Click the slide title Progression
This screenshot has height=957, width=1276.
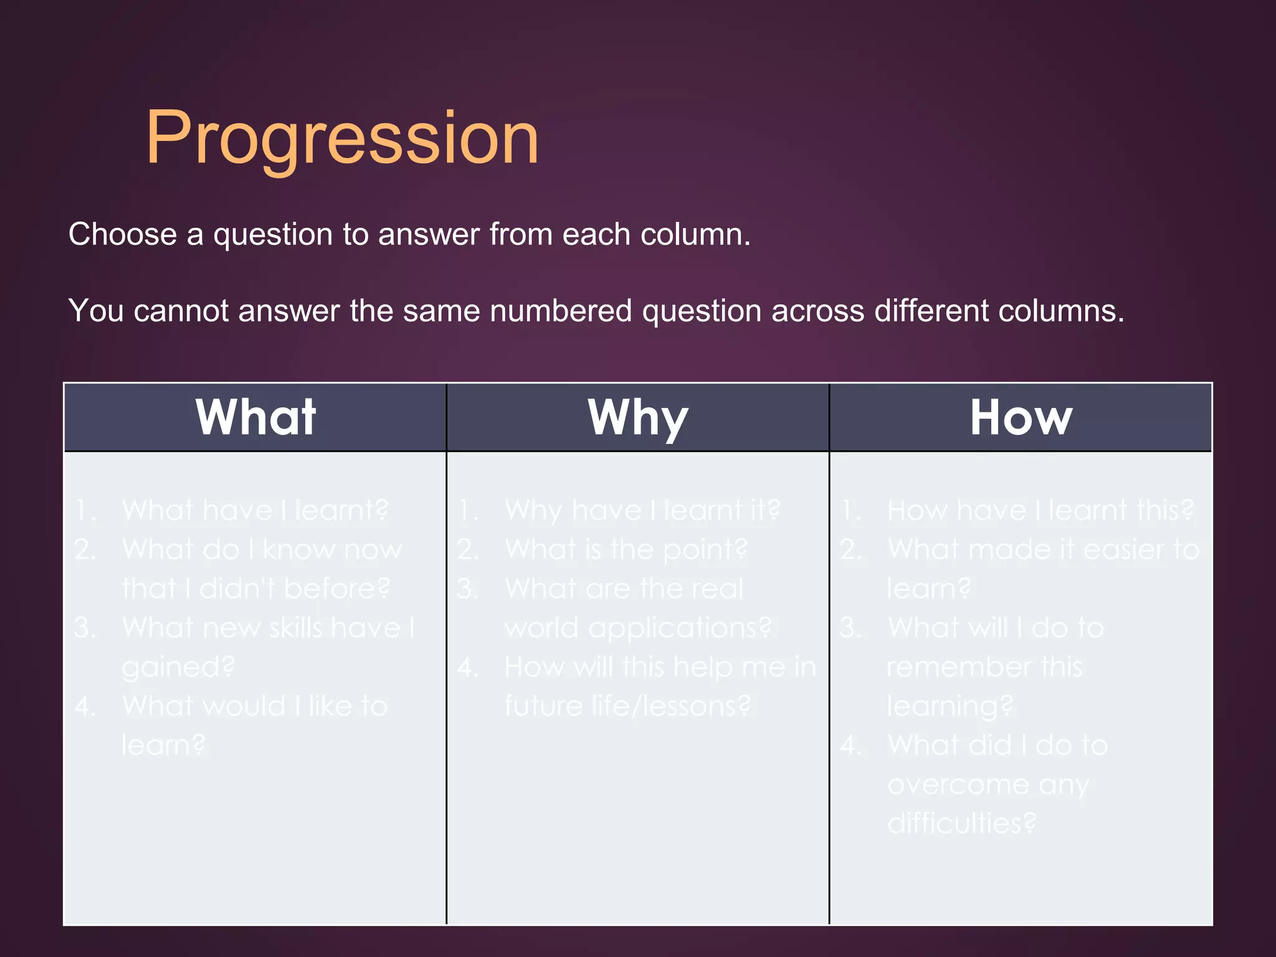(x=342, y=138)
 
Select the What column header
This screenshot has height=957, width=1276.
(x=255, y=417)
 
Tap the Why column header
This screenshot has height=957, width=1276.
(x=638, y=417)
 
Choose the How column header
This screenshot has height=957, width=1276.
(x=1021, y=417)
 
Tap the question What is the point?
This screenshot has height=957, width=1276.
(x=626, y=550)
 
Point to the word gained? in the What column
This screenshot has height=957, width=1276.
(x=178, y=667)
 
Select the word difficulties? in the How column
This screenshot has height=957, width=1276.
(x=961, y=824)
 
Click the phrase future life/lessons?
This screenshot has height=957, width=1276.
(x=627, y=707)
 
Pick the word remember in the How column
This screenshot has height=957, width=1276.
(x=958, y=667)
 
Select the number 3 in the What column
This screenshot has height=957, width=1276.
(x=84, y=628)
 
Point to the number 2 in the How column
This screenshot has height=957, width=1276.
(x=850, y=550)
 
